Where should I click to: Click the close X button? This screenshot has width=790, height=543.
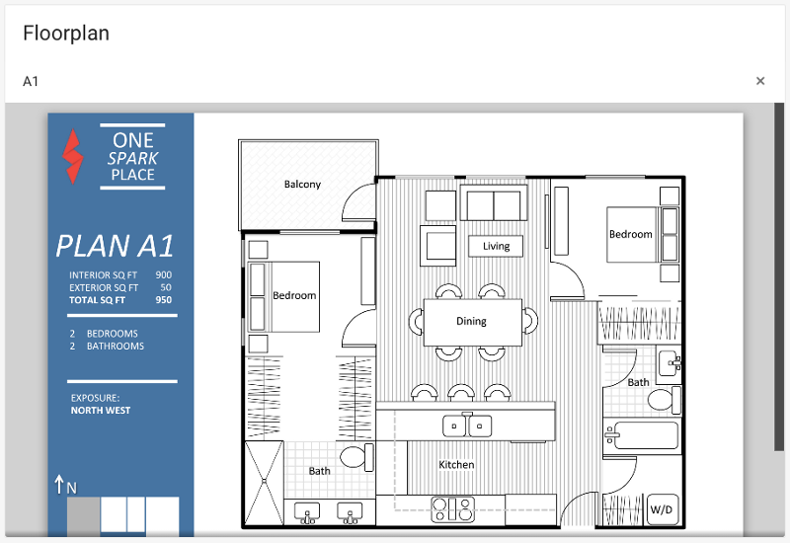760,81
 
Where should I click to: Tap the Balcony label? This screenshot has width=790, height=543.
302,184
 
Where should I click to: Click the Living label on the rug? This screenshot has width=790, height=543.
497,246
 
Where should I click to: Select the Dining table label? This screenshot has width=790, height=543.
472,321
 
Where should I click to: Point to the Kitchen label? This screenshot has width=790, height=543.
456,464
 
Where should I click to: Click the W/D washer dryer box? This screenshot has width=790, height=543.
661,509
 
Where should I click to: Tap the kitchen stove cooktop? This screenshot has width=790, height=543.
453,508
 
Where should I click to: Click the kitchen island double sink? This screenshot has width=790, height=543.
467,426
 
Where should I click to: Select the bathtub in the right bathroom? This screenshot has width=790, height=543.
641,435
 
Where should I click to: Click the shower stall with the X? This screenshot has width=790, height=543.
264,483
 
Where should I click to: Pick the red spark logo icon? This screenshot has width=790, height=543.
72,156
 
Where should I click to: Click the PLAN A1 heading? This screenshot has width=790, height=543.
115,246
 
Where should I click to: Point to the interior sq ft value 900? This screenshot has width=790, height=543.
163,274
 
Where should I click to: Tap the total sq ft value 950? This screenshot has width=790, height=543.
163,300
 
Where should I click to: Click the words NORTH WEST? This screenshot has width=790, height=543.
101,410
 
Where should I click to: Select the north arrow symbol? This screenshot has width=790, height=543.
59,484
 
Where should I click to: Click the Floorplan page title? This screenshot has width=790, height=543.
66,34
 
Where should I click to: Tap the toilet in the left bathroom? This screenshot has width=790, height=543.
357,457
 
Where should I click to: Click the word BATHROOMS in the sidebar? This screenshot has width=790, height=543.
116,347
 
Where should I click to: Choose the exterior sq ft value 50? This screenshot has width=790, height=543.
166,287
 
